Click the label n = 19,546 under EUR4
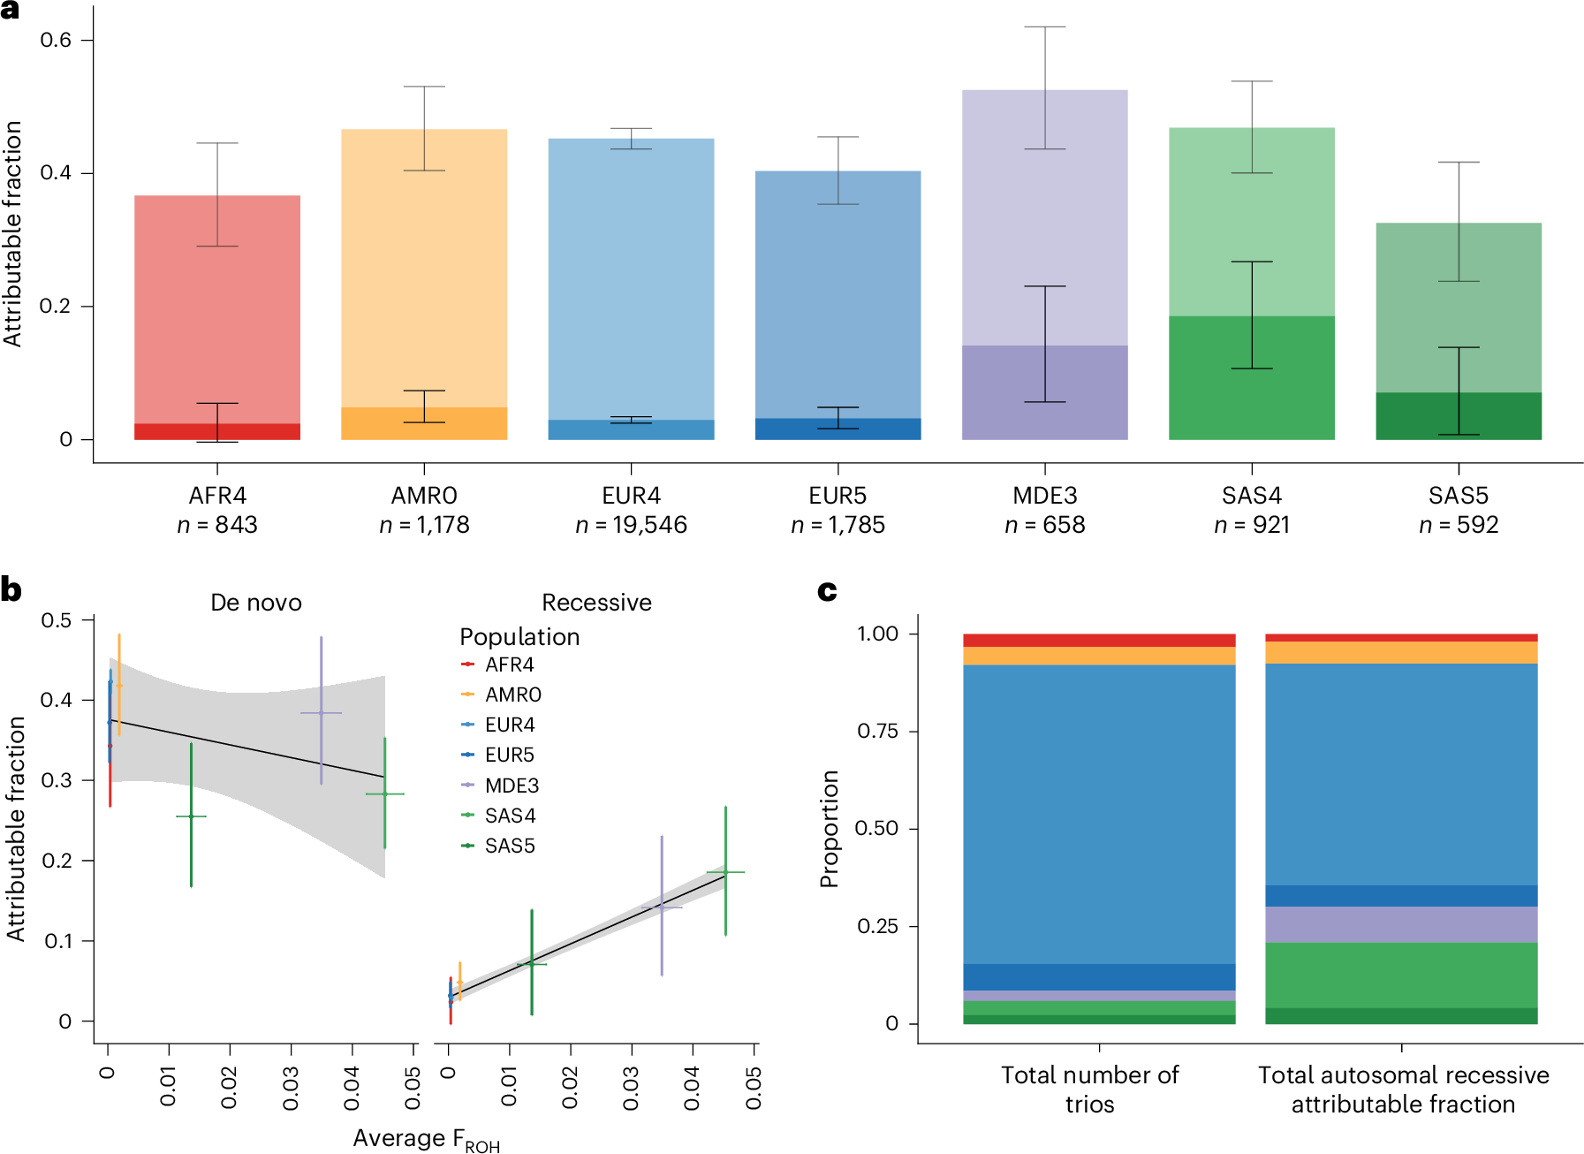[631, 525]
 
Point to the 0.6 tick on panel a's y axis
[56, 41]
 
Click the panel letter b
[11, 589]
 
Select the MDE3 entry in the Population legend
[511, 786]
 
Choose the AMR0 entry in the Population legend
[512, 695]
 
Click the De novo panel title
[255, 603]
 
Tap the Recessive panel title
[596, 603]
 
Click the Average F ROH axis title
[426, 1139]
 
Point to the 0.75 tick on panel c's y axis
[876, 732]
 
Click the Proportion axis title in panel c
[829, 828]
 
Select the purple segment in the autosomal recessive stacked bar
[1401, 924]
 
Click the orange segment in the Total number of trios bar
[1099, 656]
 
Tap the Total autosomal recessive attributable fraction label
[1403, 1089]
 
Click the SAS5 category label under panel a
[1458, 496]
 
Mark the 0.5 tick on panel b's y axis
[56, 620]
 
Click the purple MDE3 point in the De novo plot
[321, 713]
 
